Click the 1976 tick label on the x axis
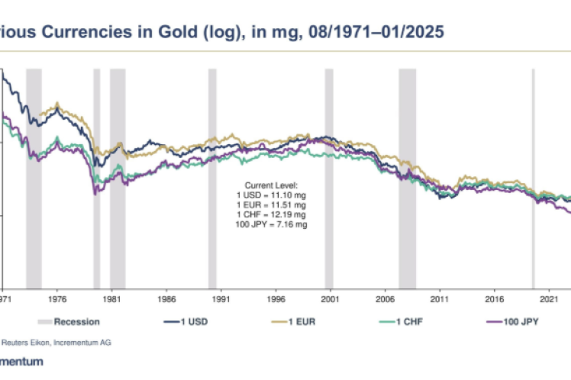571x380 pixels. coord(57,299)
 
